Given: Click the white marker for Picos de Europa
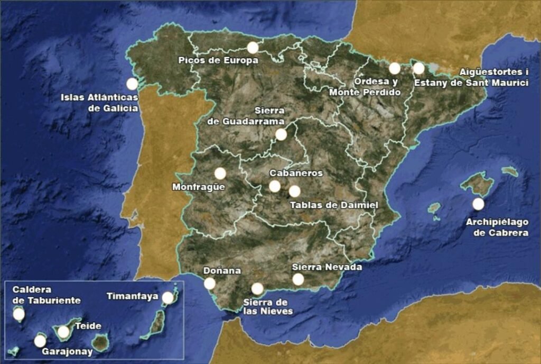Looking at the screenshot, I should (253, 48).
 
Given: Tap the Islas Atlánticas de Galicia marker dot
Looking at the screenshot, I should (132, 84).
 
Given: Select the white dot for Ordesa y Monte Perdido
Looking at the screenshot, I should (395, 68).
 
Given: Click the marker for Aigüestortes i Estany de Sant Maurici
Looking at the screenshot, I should (418, 68).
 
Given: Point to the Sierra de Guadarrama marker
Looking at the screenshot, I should (281, 134).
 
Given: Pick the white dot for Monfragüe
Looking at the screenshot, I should (220, 173).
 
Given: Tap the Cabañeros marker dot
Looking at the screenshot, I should (275, 186).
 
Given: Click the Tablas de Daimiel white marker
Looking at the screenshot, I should (295, 191).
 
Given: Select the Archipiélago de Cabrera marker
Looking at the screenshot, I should (478, 204).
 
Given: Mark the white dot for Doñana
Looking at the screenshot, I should (210, 284).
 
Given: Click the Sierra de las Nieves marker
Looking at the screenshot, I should (257, 289).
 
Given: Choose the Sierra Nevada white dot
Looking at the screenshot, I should (299, 279).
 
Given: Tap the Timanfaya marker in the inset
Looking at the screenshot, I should (168, 298).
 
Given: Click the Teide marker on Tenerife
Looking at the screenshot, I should (63, 332).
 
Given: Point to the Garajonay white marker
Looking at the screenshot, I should (40, 341).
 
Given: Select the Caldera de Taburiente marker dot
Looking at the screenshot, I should (19, 315).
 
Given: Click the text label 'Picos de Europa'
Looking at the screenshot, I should (218, 60).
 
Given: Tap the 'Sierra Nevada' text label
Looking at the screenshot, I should (327, 267).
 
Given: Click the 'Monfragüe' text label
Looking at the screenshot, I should (199, 187).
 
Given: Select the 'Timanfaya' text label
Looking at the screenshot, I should (133, 296).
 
